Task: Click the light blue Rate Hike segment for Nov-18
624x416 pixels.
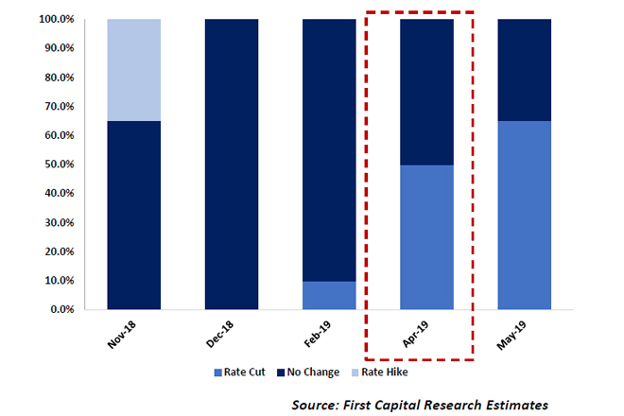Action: (133, 70)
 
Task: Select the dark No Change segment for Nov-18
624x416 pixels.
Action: (133, 215)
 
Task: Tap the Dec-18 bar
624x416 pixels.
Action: (232, 164)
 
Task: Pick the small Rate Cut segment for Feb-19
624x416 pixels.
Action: (329, 295)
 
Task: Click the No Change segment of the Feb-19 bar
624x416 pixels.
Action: (329, 149)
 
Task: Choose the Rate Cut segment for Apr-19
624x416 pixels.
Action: (426, 237)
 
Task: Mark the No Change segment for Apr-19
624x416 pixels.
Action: (426, 92)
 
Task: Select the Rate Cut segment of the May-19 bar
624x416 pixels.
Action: (524, 215)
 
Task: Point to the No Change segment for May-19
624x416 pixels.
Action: (524, 70)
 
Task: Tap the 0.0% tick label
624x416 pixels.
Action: (64, 309)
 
